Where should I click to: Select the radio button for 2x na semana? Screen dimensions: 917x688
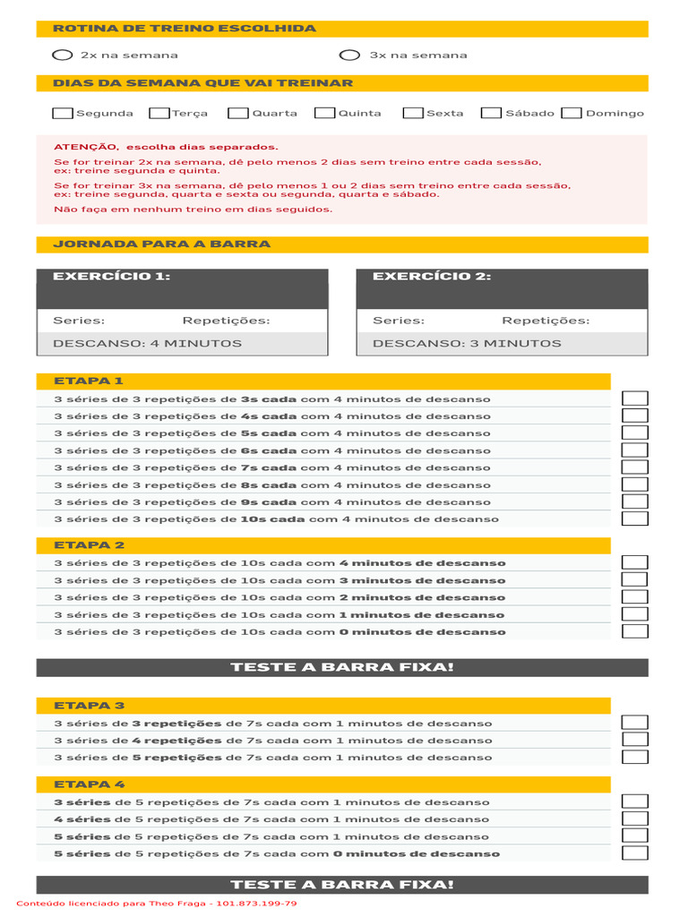pos(63,56)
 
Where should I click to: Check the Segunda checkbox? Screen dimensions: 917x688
pos(64,114)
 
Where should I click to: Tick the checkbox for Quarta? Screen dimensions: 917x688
pos(238,114)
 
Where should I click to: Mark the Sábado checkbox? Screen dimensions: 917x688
pos(491,114)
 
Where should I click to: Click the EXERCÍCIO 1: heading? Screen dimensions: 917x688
pos(111,277)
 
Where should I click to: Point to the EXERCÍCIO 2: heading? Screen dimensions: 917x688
pos(432,277)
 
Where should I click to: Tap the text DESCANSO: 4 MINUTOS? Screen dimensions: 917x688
pos(147,343)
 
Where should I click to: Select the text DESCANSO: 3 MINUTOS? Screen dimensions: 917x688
pos(467,343)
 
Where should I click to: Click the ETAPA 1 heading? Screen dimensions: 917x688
pos(89,381)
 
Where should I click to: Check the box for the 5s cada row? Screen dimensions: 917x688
pos(635,433)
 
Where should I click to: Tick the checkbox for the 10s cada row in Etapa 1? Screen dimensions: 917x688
pos(635,518)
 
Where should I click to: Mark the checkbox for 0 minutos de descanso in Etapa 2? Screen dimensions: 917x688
pos(635,631)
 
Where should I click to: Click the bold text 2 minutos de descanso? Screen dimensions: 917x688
pos(422,597)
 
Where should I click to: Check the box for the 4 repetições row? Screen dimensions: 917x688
pos(635,741)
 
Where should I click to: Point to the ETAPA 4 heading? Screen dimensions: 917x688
pos(89,784)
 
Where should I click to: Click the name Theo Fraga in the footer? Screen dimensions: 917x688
pos(178,904)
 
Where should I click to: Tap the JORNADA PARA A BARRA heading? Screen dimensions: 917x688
pos(161,244)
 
